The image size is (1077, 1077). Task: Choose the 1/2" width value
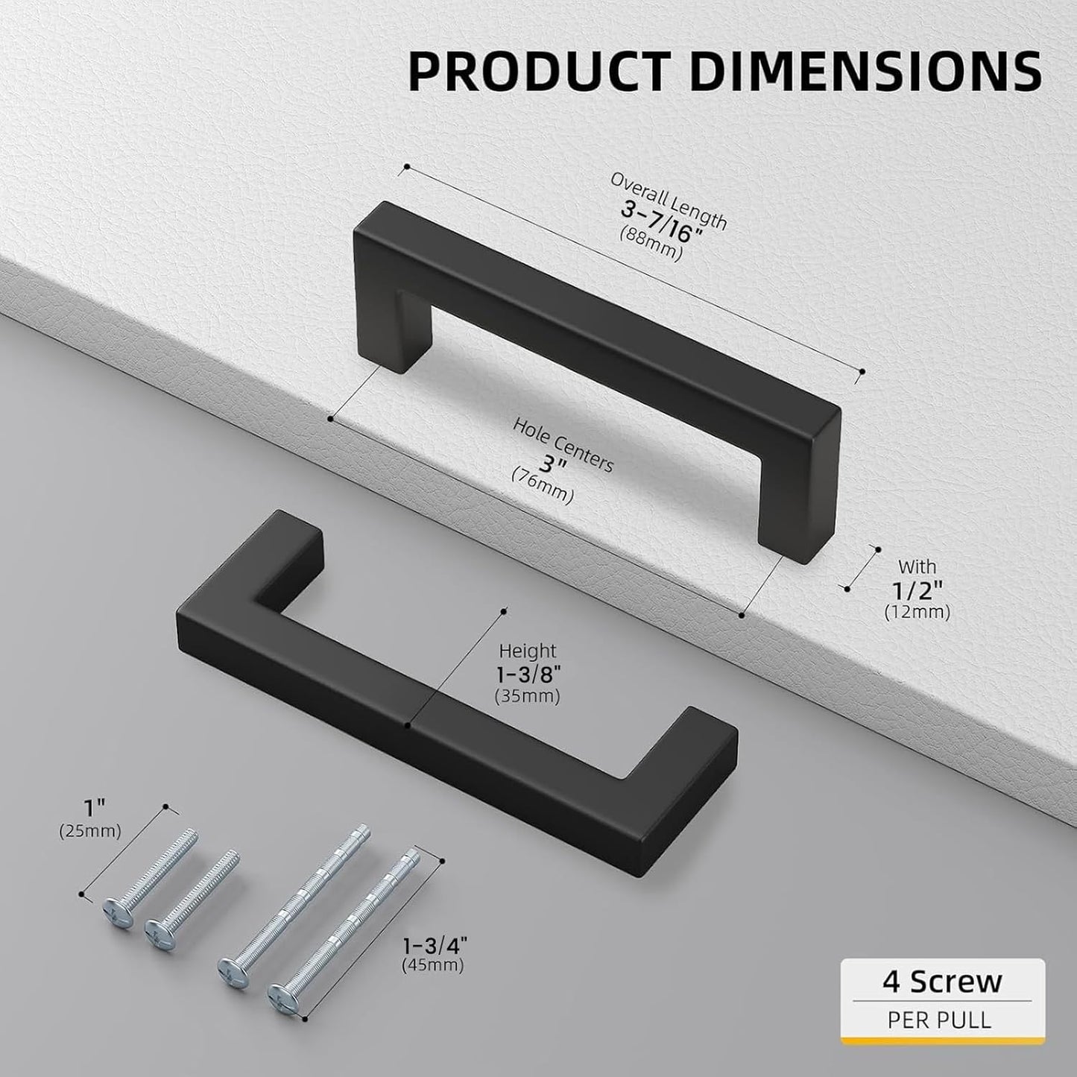tap(917, 590)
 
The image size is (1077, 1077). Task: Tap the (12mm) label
tap(917, 613)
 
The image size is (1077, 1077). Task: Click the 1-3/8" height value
tap(528, 674)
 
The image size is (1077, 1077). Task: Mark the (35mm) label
tap(528, 696)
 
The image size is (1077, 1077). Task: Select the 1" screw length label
tap(90, 808)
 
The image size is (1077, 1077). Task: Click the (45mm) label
tap(432, 965)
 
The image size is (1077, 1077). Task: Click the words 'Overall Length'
tap(669, 200)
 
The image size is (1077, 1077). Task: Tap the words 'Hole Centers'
tap(563, 445)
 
